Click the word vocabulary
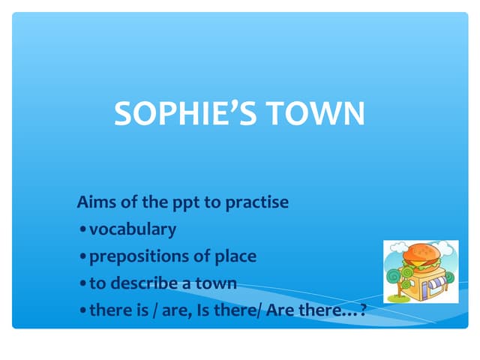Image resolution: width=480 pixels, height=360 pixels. click(133, 229)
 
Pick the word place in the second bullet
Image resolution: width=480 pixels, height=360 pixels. click(235, 256)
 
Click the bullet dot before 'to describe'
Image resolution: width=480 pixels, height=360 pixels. click(82, 284)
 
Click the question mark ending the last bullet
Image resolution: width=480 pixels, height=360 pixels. click(363, 310)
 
